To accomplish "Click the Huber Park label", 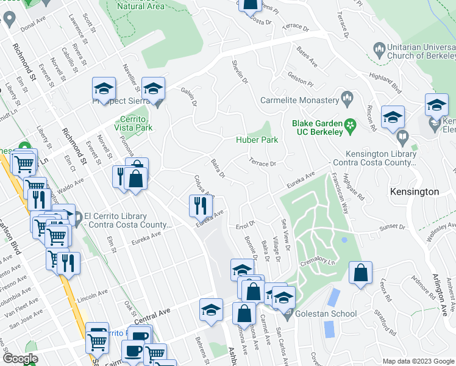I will (257, 140).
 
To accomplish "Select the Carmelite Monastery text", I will (299, 100).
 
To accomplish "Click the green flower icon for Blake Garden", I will (350, 126).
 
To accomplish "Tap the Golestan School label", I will (317, 314).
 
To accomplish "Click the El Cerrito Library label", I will (115, 220).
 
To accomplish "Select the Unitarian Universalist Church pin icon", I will (379, 48).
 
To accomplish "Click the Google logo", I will (21, 359).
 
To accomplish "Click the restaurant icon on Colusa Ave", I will (200, 207).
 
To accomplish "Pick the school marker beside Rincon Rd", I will (393, 117).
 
